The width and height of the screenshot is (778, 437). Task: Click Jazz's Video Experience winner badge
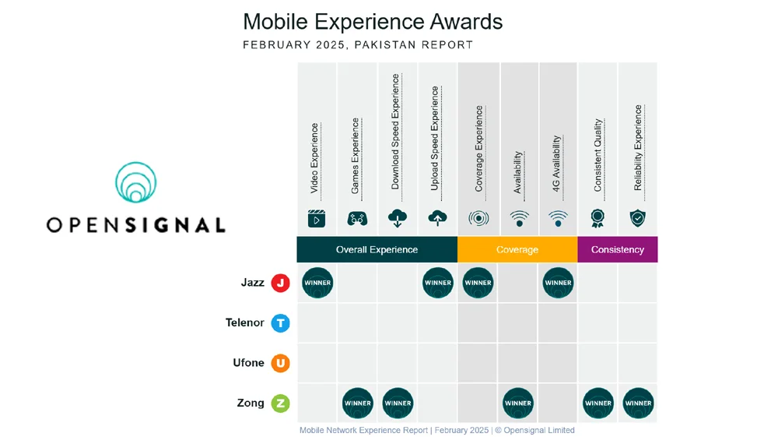(x=317, y=283)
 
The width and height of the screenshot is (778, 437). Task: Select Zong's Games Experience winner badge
(x=358, y=403)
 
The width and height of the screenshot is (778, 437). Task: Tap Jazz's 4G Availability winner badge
(x=558, y=283)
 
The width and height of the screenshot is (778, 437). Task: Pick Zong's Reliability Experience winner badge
(x=638, y=403)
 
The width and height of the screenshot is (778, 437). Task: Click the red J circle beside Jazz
(x=280, y=283)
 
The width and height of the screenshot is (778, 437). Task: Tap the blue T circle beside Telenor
(x=280, y=322)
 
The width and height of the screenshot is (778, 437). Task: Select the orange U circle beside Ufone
(x=280, y=363)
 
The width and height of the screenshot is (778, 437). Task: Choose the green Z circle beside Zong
(x=280, y=404)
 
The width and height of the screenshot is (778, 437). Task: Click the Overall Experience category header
(x=377, y=250)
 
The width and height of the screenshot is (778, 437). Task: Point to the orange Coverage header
(x=517, y=250)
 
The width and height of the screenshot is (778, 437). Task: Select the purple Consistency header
(x=618, y=250)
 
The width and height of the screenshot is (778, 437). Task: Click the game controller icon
(x=357, y=219)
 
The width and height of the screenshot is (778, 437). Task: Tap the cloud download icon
(x=398, y=219)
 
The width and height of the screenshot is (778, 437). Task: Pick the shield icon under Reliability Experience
(x=638, y=219)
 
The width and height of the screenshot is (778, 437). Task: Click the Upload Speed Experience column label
(x=435, y=139)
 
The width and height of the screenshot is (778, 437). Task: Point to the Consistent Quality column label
(x=598, y=155)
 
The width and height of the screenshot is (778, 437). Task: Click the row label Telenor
(x=245, y=322)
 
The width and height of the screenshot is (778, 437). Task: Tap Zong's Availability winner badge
(x=517, y=403)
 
